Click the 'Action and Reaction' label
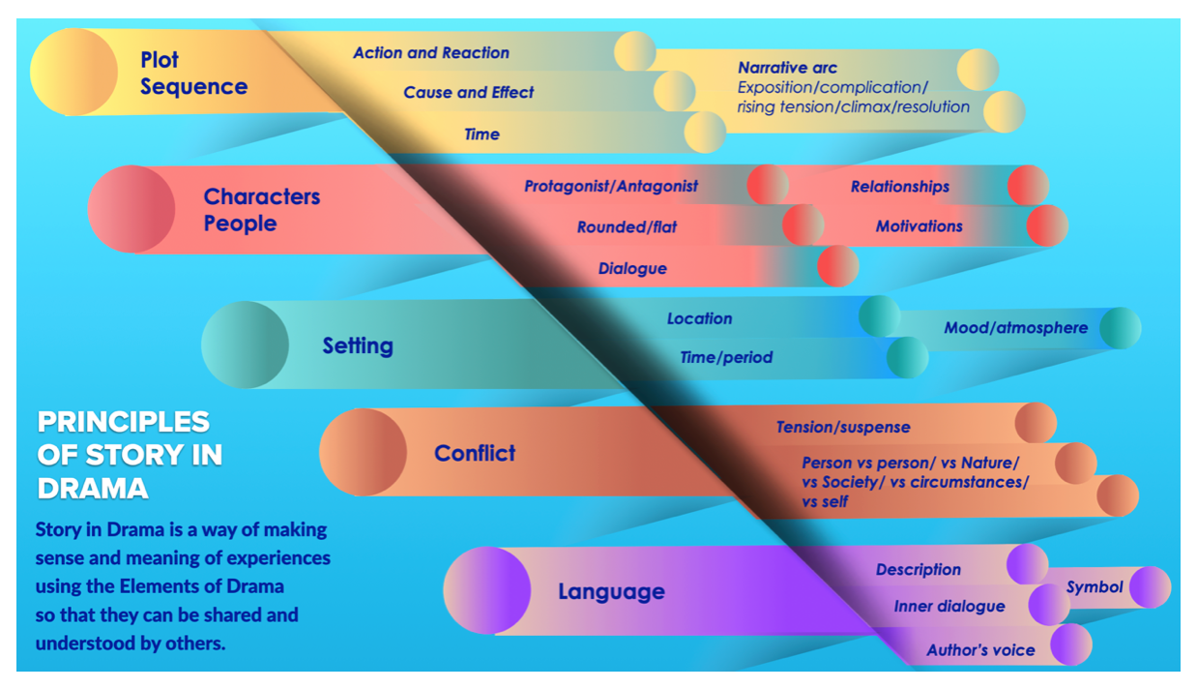click(x=431, y=52)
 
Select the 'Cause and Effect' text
click(x=469, y=92)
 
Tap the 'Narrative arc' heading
click(x=788, y=68)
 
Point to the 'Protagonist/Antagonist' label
click(x=611, y=186)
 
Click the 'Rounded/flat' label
click(x=627, y=226)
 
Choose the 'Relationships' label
click(x=900, y=186)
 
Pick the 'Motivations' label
click(x=920, y=226)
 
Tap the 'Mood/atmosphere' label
click(x=1016, y=327)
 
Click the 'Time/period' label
click(x=726, y=357)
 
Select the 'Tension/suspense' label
click(x=843, y=427)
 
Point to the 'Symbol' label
click(x=1095, y=586)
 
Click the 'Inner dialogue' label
click(x=949, y=606)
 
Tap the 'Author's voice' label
click(x=980, y=650)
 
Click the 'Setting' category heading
click(x=358, y=345)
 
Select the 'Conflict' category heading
click(x=475, y=453)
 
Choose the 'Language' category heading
click(x=611, y=591)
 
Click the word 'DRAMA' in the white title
click(x=93, y=489)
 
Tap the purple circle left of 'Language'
click(x=486, y=590)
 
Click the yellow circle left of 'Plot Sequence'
click(x=73, y=72)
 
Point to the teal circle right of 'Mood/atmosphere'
click(x=1121, y=328)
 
